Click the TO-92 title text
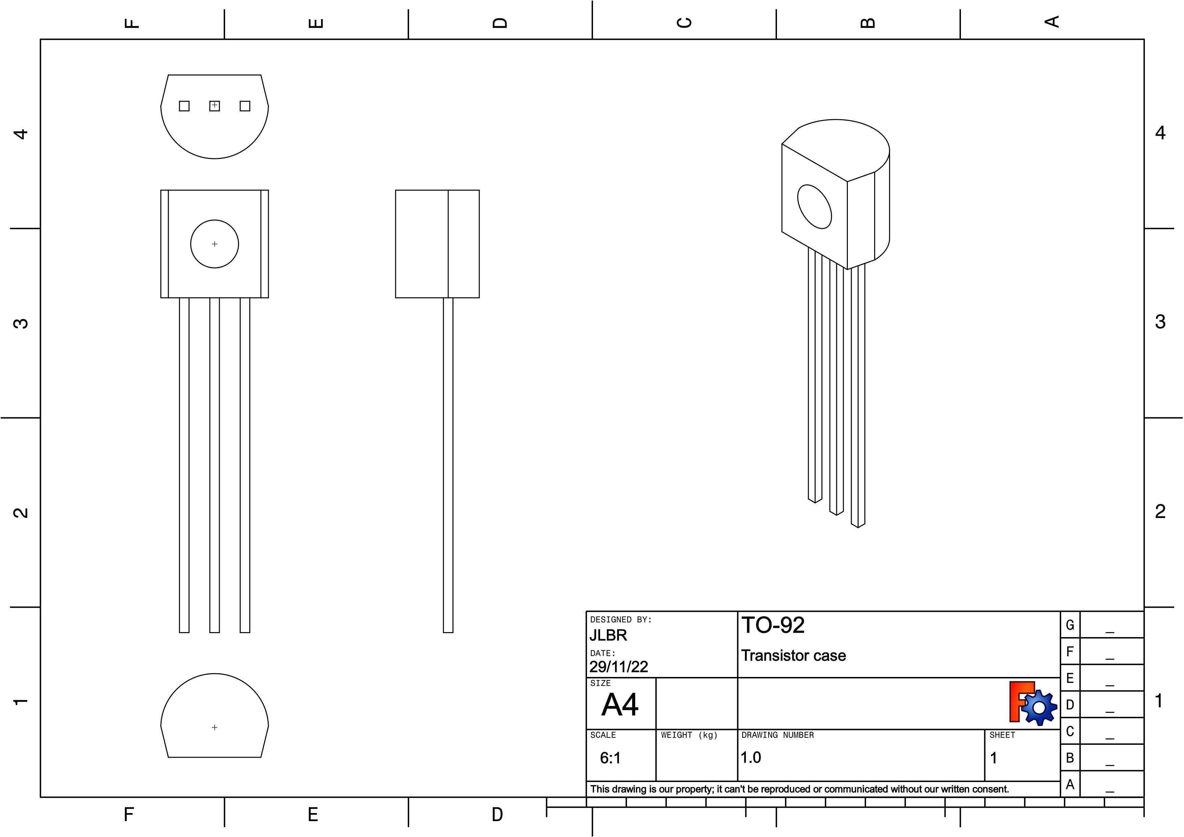773,625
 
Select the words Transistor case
793,655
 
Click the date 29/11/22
618,667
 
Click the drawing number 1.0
751,757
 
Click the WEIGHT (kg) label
689,735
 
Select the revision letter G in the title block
1070,625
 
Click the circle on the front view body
215,244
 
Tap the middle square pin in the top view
215,106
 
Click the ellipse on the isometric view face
814,206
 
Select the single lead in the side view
448,464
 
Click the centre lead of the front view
215,464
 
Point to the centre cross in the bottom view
215,727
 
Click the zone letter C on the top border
684,23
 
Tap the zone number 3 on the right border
1160,322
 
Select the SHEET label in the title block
1002,735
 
